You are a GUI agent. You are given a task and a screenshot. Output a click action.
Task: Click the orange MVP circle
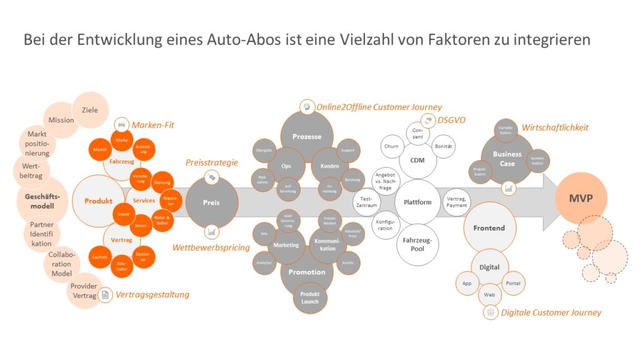click(x=581, y=199)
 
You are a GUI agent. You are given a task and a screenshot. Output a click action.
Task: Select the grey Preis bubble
click(x=211, y=202)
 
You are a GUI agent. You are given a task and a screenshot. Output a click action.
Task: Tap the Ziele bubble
click(x=90, y=110)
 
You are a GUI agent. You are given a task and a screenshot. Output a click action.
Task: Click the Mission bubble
click(x=62, y=120)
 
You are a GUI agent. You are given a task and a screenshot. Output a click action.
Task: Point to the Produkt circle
click(x=99, y=201)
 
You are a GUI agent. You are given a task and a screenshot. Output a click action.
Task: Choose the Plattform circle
click(x=417, y=202)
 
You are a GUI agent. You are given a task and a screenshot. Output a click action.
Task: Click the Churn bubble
click(x=391, y=147)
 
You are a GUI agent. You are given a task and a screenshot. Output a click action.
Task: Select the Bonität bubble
click(x=444, y=146)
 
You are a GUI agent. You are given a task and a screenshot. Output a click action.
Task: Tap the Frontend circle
click(x=489, y=228)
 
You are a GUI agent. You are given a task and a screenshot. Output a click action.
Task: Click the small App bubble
click(x=466, y=283)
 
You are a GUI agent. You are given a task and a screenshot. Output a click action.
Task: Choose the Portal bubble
click(x=512, y=283)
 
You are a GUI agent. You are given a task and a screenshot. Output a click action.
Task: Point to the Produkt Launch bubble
click(x=310, y=297)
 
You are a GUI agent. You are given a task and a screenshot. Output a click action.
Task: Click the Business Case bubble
click(x=507, y=159)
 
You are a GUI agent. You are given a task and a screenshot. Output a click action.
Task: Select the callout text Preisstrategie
click(x=212, y=162)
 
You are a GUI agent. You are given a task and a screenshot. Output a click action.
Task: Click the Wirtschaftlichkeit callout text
click(x=555, y=127)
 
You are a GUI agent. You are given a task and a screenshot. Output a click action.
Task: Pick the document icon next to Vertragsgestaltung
click(x=106, y=294)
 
